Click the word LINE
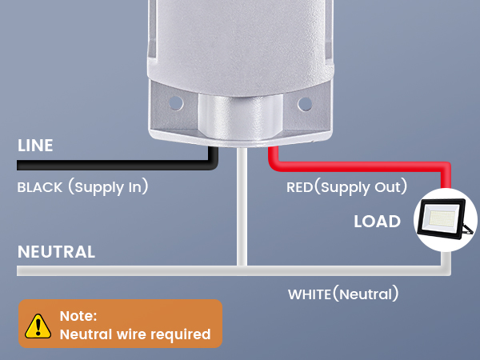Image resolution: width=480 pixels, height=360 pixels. [x=35, y=145]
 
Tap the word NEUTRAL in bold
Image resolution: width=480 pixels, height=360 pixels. [x=56, y=252]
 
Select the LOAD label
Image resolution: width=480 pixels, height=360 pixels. [x=377, y=221]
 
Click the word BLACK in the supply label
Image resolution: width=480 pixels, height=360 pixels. [x=40, y=187]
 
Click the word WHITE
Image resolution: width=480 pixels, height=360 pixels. [x=310, y=294]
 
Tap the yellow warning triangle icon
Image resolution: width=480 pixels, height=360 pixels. [x=38, y=326]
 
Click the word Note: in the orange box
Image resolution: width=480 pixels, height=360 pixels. [x=78, y=316]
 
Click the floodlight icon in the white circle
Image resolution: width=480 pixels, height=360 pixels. [x=446, y=218]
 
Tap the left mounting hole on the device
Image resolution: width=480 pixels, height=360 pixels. [x=176, y=103]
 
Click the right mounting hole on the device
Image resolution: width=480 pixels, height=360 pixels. [x=305, y=104]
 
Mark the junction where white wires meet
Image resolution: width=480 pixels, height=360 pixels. [x=242, y=270]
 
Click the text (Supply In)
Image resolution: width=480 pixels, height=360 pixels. [x=108, y=186]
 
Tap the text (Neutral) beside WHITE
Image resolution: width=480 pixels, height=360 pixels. [x=366, y=294]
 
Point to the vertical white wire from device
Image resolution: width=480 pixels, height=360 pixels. [x=242, y=206]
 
